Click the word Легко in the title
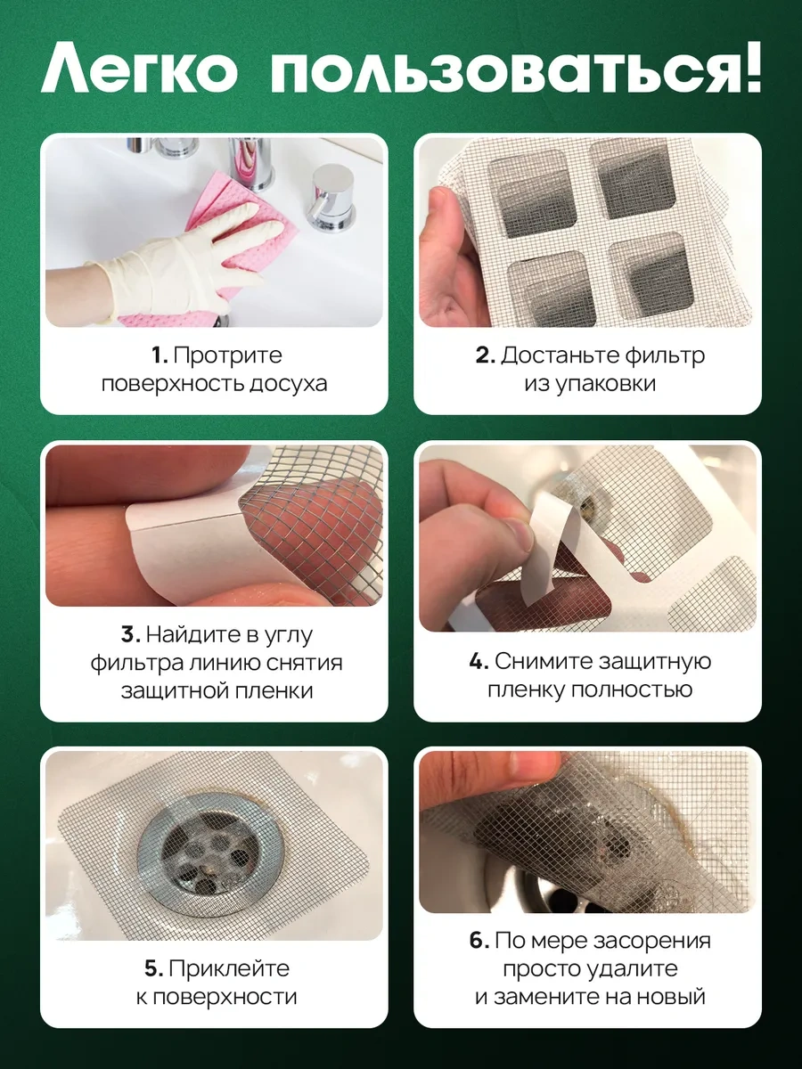coord(137,67)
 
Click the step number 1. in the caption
coord(159,355)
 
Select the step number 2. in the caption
coord(485,355)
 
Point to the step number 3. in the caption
coord(130,635)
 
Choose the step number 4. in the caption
coord(478,662)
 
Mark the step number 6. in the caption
coord(479,942)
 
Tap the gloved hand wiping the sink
coord(178,254)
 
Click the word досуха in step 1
coord(280,384)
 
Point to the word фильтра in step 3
coord(138,664)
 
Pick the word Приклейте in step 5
coord(229,969)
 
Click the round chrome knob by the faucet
coord(331,189)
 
